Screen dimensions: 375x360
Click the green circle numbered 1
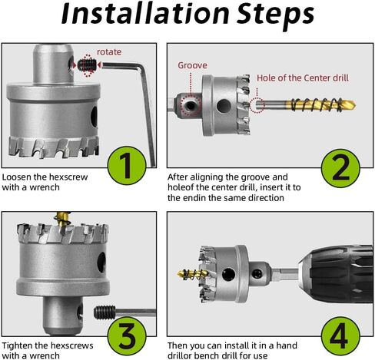click(x=127, y=166)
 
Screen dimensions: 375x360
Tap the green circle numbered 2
click(x=340, y=168)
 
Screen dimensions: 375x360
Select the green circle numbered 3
click(x=127, y=335)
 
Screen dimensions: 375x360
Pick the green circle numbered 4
click(x=340, y=335)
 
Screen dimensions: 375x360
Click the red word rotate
click(x=109, y=52)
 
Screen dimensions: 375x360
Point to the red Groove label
click(x=192, y=65)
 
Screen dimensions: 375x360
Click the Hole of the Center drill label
click(x=303, y=78)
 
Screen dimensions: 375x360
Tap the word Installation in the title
click(x=145, y=13)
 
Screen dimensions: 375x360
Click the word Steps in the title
click(x=275, y=15)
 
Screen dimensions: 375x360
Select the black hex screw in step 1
click(x=87, y=65)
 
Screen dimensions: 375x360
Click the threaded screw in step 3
click(x=105, y=312)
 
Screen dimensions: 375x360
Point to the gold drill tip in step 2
click(x=321, y=104)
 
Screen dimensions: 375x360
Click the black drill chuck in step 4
click(x=336, y=274)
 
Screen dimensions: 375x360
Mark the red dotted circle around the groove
click(x=191, y=105)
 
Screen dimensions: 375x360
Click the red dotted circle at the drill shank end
click(x=257, y=105)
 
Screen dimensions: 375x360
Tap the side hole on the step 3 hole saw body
click(x=101, y=263)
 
